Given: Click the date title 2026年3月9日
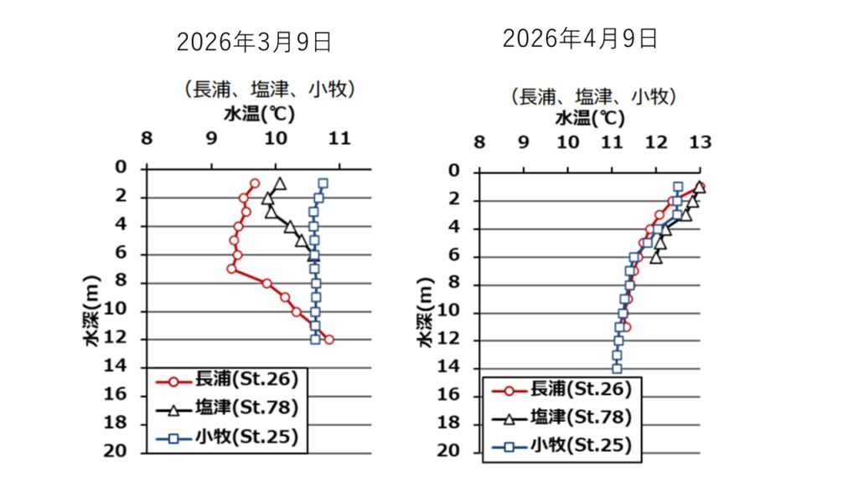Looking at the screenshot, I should (x=254, y=43).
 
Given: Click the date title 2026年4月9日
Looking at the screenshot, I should (x=580, y=38).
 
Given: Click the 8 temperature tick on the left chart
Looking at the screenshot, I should (x=147, y=137).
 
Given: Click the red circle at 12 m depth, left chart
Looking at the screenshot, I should (x=328, y=340).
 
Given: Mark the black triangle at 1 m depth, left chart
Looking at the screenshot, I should (x=280, y=183).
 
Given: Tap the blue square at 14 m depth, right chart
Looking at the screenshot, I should (x=617, y=368).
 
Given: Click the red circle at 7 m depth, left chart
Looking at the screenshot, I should (x=231, y=269).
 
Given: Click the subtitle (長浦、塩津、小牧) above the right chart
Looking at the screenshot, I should (x=594, y=95).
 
